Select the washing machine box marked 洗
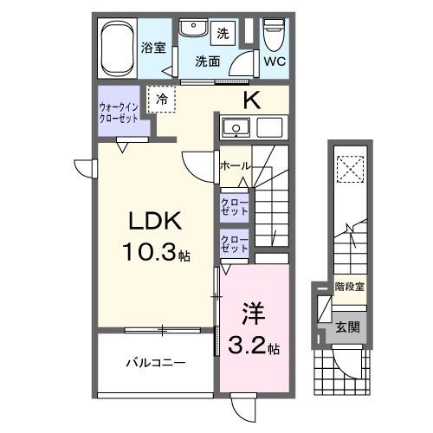[223, 34]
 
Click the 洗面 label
[207, 61]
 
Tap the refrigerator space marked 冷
[162, 100]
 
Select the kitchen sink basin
[233, 129]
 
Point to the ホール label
[236, 165]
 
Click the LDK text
[155, 222]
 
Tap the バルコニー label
[156, 363]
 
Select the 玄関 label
[349, 328]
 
